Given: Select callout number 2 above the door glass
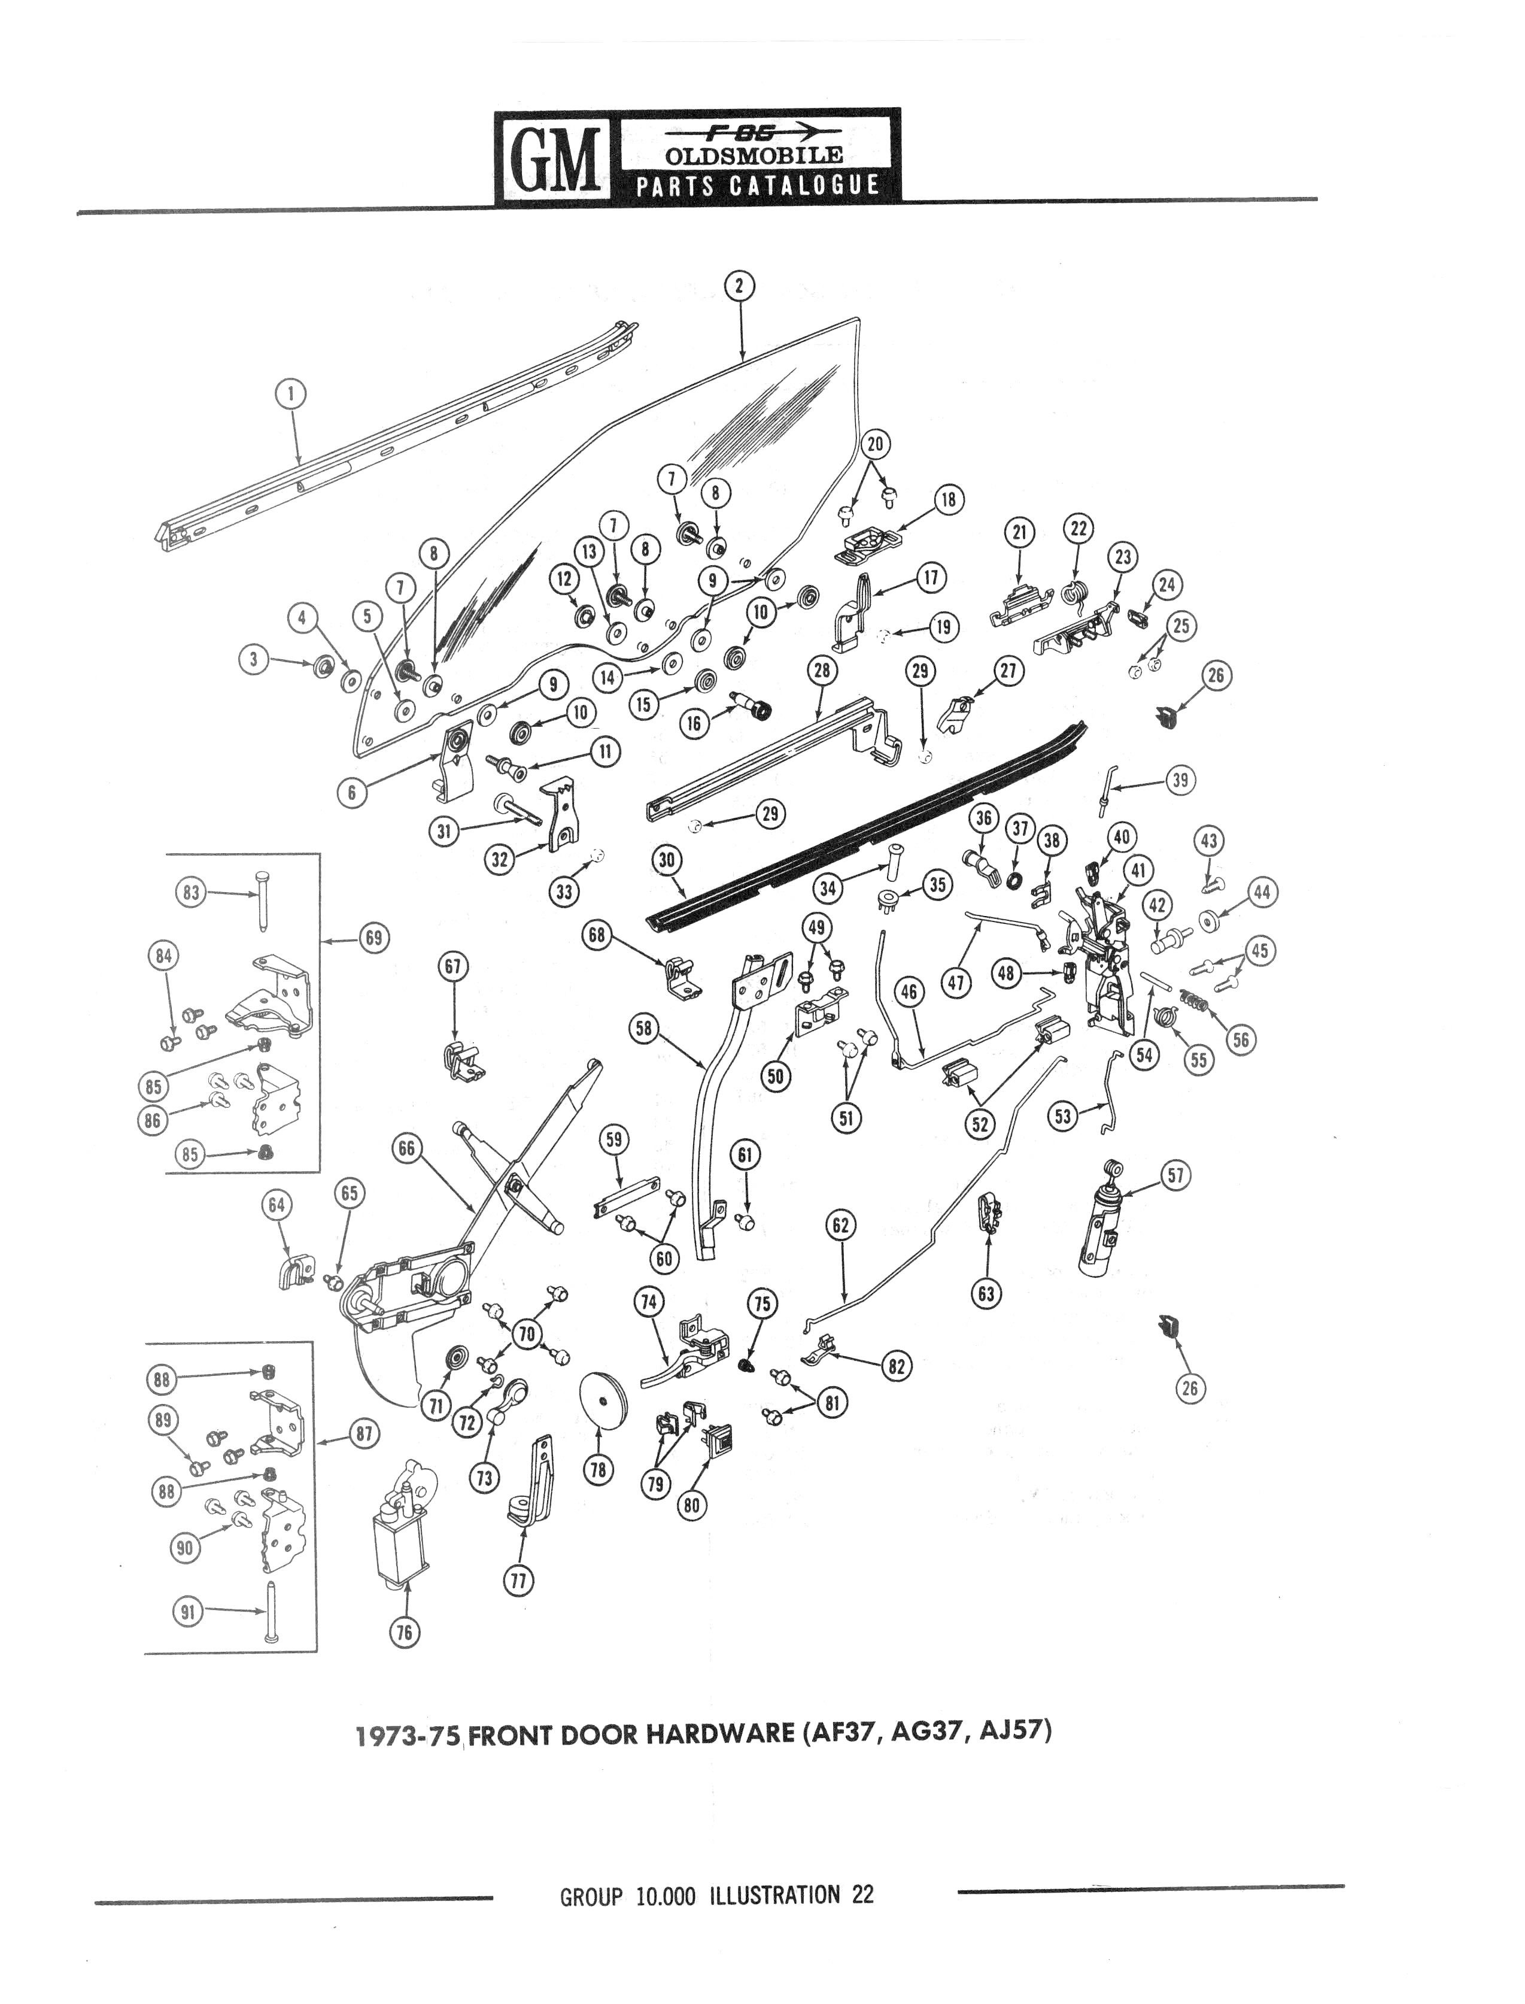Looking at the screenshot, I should (740, 285).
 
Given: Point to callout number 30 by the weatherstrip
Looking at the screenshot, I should (667, 859).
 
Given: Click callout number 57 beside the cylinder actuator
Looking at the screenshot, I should (1175, 1176).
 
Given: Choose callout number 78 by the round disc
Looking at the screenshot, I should (598, 1469).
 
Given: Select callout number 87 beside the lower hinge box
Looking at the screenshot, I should (364, 1434).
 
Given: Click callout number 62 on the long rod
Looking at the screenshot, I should (840, 1226).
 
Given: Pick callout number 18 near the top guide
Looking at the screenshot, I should (947, 499).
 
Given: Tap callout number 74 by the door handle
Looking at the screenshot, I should (648, 1301).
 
